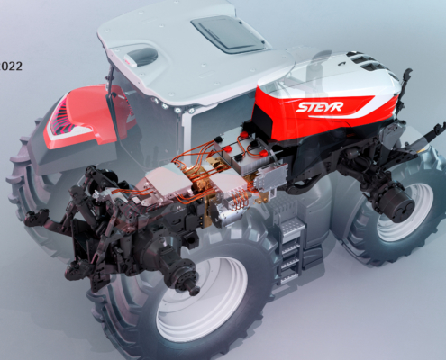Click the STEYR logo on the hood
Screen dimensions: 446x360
[x=319, y=107]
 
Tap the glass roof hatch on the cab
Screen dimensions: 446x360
[x=229, y=34]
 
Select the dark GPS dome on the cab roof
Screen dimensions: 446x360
[x=142, y=57]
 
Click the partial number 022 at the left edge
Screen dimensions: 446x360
[x=11, y=66]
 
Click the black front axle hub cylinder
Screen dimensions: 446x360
[x=400, y=207]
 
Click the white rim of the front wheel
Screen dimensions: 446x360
[x=405, y=210]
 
